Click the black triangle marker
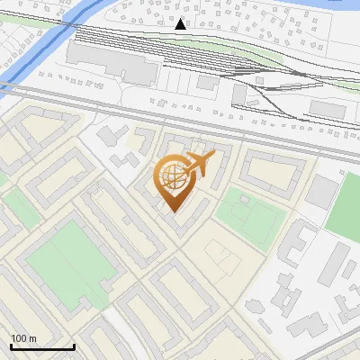[181, 24]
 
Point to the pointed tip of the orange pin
[171, 211]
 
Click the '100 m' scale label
[23, 338]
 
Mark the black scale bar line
[42, 347]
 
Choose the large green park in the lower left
[67, 265]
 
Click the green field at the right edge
[346, 207]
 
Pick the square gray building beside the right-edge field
[321, 192]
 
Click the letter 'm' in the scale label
[32, 338]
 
